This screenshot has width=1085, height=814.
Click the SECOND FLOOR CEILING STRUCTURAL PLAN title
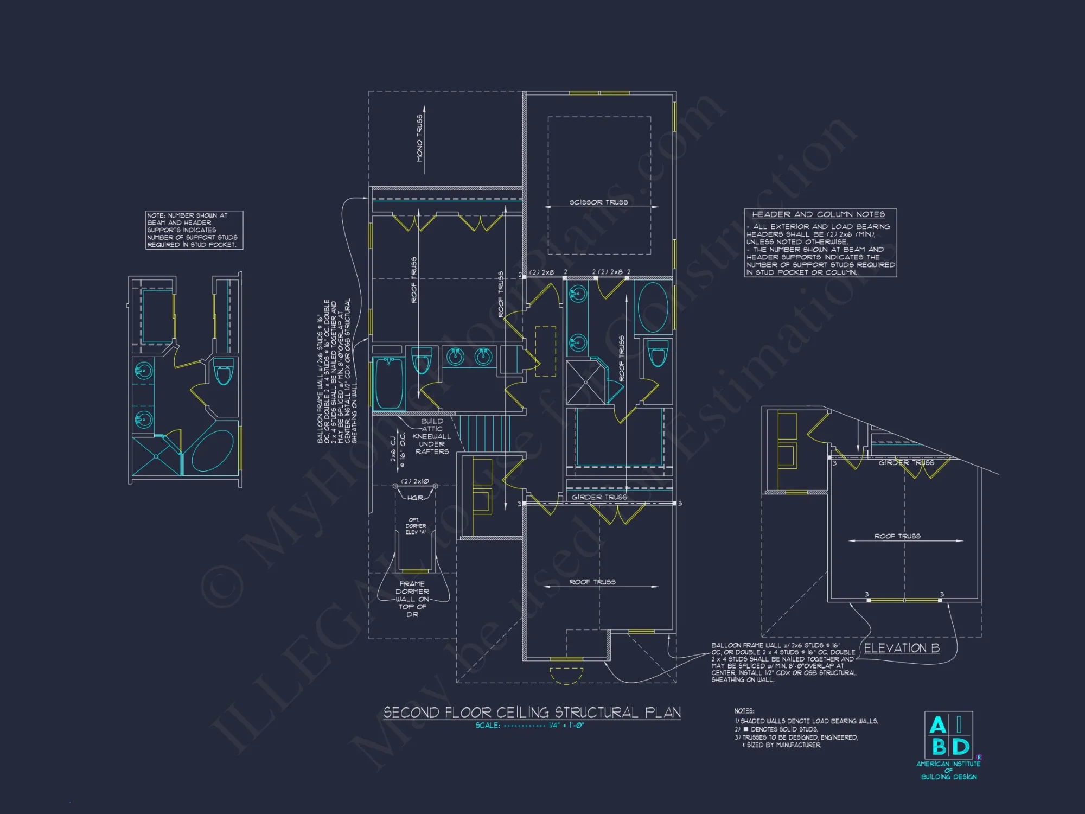point(532,713)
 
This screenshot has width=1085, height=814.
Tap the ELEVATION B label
point(901,648)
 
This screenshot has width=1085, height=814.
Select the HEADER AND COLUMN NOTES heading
point(818,215)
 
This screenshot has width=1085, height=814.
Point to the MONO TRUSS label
point(420,138)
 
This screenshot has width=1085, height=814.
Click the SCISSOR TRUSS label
point(598,202)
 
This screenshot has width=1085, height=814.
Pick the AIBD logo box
point(948,735)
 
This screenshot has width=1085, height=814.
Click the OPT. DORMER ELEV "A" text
point(416,526)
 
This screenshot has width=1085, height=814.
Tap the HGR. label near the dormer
point(415,498)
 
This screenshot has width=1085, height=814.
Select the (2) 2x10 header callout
point(415,481)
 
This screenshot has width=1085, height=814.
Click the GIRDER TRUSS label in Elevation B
point(906,463)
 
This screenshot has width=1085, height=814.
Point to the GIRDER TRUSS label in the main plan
point(599,497)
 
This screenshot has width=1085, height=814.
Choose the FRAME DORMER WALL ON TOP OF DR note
point(412,599)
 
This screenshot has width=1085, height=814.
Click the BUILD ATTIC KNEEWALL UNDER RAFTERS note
point(432,436)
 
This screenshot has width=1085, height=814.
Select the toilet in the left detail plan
point(223,372)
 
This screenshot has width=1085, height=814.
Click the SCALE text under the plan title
point(529,726)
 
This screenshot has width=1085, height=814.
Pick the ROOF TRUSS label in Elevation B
point(897,536)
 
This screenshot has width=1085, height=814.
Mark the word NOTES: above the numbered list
point(744,711)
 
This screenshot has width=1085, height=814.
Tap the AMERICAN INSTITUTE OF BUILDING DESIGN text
point(948,771)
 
